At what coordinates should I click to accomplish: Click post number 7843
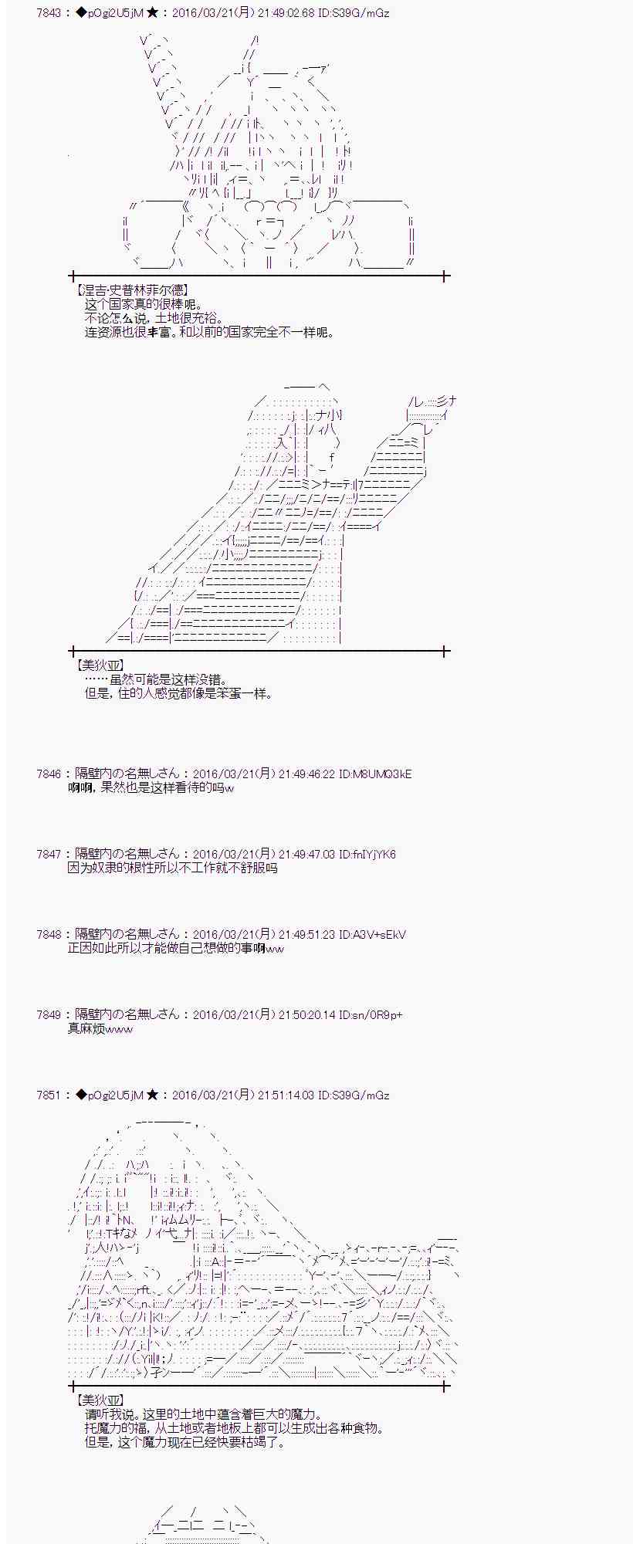(x=49, y=13)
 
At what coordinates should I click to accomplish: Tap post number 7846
(x=49, y=774)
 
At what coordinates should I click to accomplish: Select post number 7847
(x=49, y=854)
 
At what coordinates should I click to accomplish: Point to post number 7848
(x=49, y=934)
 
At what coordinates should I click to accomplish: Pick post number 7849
(x=49, y=1014)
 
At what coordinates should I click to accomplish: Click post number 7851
(x=49, y=1095)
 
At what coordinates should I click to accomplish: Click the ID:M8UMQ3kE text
(x=375, y=774)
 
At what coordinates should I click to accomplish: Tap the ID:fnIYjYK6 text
(x=367, y=854)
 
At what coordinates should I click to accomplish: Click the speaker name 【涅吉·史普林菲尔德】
(x=131, y=291)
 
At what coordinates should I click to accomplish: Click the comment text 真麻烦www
(x=100, y=1028)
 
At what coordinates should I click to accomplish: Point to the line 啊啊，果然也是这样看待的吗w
(x=151, y=787)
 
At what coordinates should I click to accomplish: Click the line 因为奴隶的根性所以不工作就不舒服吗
(x=172, y=868)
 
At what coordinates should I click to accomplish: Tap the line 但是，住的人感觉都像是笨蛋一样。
(x=178, y=693)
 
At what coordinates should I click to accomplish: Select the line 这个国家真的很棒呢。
(x=143, y=305)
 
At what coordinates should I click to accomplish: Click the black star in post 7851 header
(x=152, y=1095)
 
